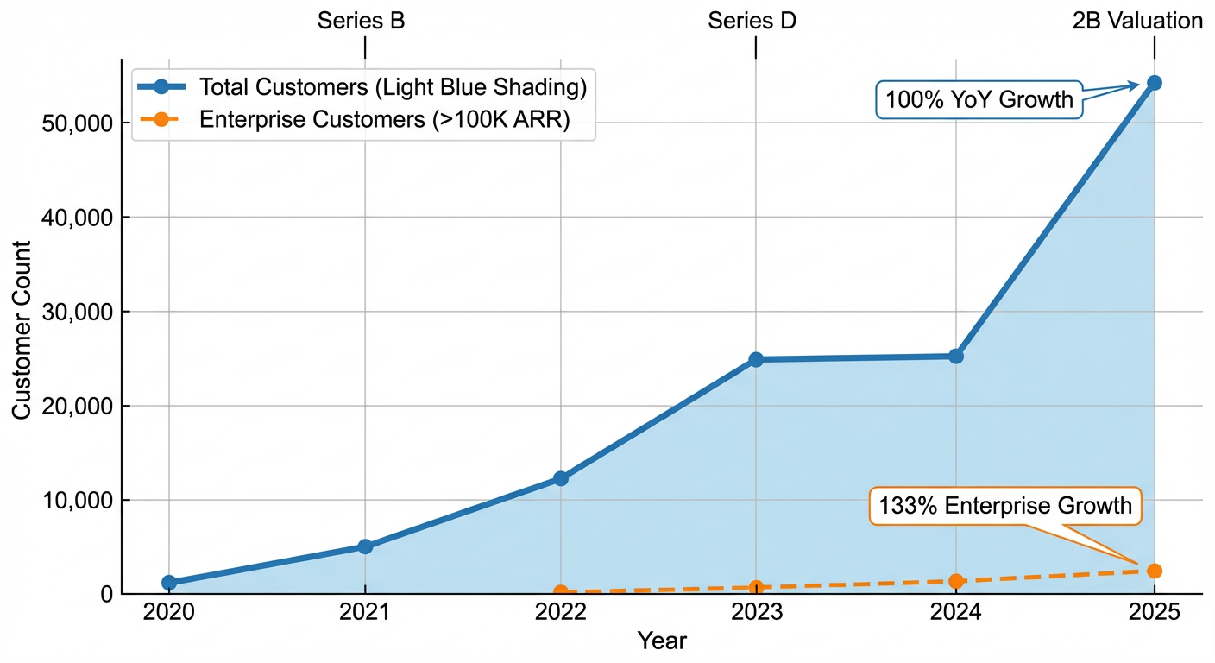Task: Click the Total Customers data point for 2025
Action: pos(1154,83)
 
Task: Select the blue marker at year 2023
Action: pos(756,359)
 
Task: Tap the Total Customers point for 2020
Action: pos(169,583)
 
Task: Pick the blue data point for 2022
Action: pos(561,478)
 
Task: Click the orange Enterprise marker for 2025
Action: pos(1154,571)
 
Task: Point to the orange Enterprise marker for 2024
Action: pos(956,581)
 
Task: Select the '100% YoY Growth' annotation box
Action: pos(979,100)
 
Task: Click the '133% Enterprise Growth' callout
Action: pos(1005,506)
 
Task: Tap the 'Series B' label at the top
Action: pos(361,22)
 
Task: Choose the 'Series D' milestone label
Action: pos(752,22)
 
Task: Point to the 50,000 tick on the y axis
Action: pos(77,123)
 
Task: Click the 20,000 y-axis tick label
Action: pos(77,407)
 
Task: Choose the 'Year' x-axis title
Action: pos(662,641)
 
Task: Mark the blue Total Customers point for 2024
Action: pos(956,356)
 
